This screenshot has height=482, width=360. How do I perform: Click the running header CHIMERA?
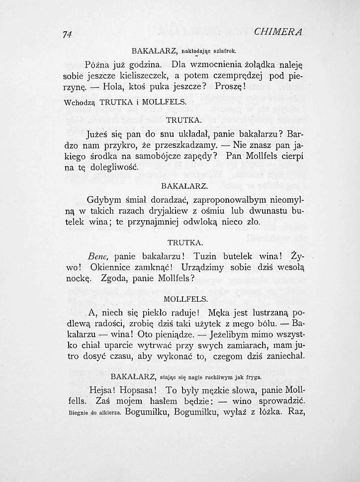pos(279,32)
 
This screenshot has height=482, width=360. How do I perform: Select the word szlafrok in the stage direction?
pos(224,51)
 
